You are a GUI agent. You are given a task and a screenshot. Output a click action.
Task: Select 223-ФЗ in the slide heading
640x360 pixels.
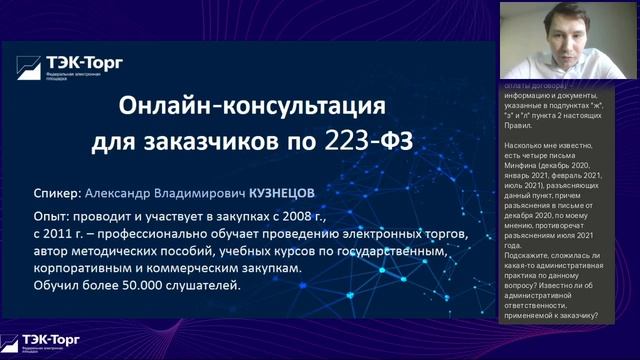point(367,142)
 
